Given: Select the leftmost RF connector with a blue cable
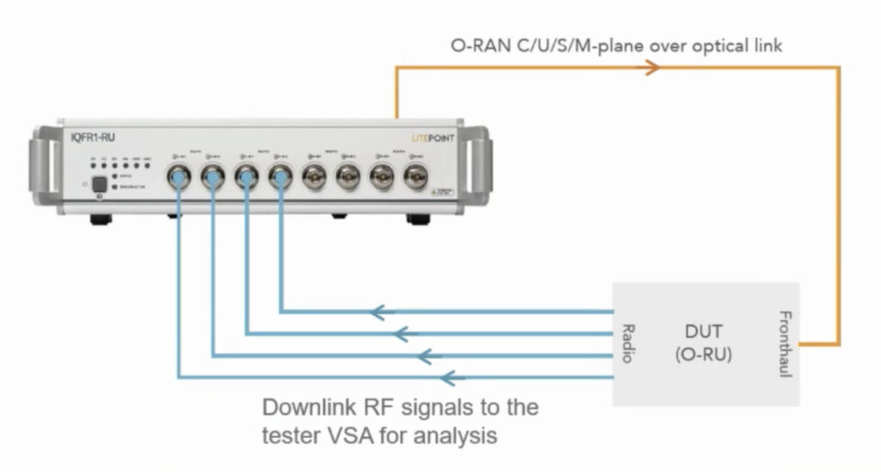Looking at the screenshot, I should point(178,177).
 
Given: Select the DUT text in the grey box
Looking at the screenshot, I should point(704,329).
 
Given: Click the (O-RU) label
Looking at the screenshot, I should point(704,354).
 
